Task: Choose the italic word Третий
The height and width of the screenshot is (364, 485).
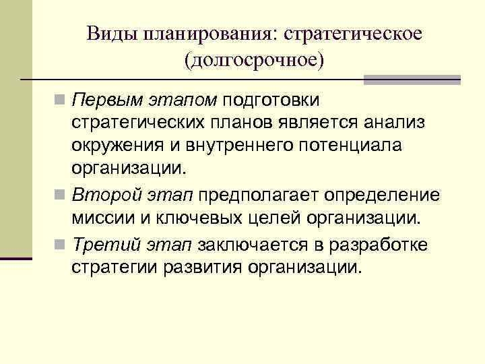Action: pyautogui.click(x=105, y=243)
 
